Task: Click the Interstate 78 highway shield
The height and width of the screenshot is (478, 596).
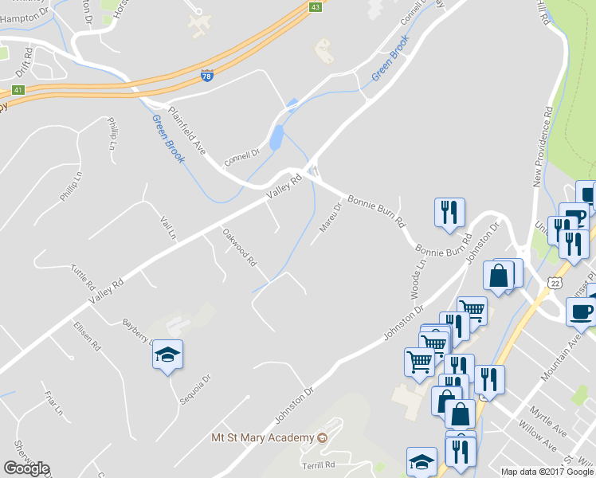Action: (x=207, y=76)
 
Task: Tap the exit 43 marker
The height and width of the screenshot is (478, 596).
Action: (x=316, y=6)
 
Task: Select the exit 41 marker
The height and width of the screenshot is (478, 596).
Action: (x=18, y=90)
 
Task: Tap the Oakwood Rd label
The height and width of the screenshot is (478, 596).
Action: (x=239, y=247)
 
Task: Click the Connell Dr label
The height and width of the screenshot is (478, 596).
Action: (x=242, y=154)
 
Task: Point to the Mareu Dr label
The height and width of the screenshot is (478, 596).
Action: (x=330, y=216)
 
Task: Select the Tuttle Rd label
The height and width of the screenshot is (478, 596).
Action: (x=83, y=277)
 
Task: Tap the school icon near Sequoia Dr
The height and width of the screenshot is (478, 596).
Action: (x=168, y=355)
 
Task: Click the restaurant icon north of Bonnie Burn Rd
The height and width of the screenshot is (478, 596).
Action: (x=449, y=212)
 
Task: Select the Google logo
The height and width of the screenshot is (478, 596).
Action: (x=26, y=468)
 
